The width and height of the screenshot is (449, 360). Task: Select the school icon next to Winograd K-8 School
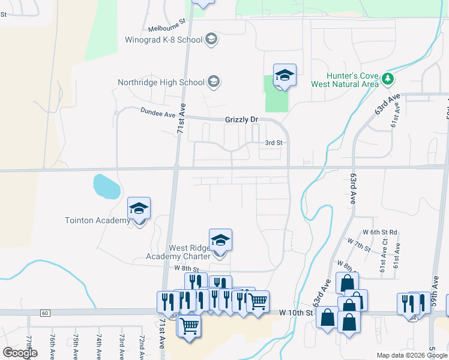click(x=211, y=40)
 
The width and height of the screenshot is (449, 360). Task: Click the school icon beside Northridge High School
click(x=213, y=82)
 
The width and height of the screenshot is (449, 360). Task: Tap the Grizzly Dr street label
click(x=241, y=119)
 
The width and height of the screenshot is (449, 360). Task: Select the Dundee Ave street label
click(x=157, y=113)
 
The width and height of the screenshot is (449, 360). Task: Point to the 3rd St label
click(x=274, y=143)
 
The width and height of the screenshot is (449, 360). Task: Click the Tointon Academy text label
click(x=97, y=220)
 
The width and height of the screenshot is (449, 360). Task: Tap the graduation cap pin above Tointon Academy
click(x=139, y=209)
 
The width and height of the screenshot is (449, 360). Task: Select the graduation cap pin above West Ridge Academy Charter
click(x=221, y=241)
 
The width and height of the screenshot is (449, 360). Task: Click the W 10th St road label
click(x=297, y=313)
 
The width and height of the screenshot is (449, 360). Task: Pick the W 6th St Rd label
click(x=380, y=232)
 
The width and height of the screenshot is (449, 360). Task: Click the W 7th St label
click(x=359, y=245)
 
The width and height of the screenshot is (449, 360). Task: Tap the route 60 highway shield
click(x=45, y=313)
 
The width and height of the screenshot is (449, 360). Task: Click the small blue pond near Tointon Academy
click(x=106, y=187)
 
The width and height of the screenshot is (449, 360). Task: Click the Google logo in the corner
click(x=20, y=352)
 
